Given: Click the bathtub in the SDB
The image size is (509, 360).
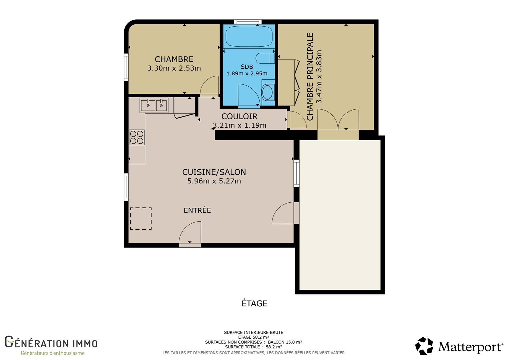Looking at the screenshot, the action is coord(249,36).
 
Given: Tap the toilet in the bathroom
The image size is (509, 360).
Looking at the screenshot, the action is coord(265,58).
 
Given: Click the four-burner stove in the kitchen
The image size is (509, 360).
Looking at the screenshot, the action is coord(137,137).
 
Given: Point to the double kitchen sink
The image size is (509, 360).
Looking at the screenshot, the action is coord(154,105).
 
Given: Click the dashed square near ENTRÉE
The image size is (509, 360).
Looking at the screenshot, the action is coord(141,219).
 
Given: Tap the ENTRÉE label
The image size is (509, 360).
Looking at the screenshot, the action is coord(197,210).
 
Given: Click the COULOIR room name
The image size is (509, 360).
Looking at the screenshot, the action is coord(239,116).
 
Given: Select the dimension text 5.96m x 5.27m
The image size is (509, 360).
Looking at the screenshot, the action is coord(214,181).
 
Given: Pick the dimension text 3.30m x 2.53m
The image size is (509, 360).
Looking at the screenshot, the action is coord(174,68).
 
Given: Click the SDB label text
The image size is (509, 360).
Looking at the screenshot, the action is coord(247,67).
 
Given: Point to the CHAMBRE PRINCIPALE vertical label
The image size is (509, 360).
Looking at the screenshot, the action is coord(310,76).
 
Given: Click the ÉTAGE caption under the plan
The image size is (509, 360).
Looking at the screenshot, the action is coord(254,303).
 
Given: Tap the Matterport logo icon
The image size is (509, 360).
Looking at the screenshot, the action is coord(424,346).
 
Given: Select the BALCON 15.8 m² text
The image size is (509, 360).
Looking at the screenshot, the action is coord(285,342).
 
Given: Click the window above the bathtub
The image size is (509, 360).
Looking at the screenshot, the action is coord(248,22).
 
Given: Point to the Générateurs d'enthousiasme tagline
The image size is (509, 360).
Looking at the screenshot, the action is coord(53,353).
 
